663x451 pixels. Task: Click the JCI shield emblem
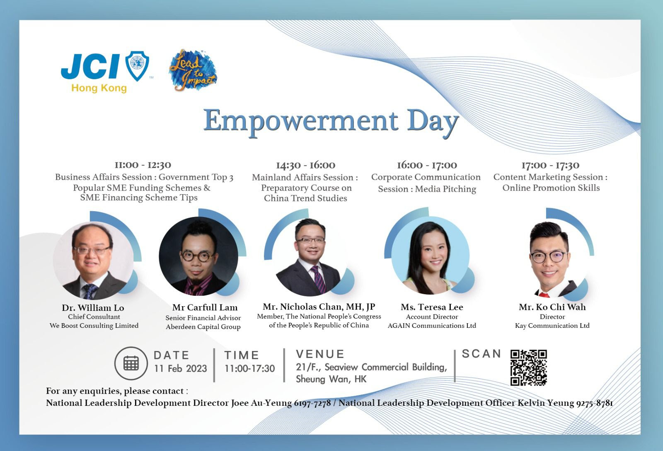[x=137, y=66]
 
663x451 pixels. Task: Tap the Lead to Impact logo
[x=193, y=70]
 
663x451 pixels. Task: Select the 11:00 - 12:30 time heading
[x=143, y=165]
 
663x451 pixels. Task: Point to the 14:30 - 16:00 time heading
[x=305, y=165]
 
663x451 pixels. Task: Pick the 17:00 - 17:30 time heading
[x=550, y=165]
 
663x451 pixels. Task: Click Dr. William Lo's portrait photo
[x=94, y=261]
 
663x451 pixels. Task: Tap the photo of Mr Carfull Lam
[x=198, y=256]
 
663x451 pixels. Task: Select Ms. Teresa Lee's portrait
[x=431, y=256]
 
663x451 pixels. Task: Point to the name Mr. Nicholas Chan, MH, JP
[x=319, y=306]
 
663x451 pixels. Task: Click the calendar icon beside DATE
[x=131, y=363]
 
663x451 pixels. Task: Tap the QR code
[x=529, y=368]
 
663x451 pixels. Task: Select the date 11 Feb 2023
[x=180, y=368]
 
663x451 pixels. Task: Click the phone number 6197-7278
[x=312, y=403]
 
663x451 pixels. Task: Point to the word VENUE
[x=320, y=354]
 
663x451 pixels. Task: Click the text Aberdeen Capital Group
[x=203, y=327]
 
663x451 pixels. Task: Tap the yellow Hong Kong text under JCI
[x=99, y=88]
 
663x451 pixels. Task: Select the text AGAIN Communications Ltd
[x=432, y=325]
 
